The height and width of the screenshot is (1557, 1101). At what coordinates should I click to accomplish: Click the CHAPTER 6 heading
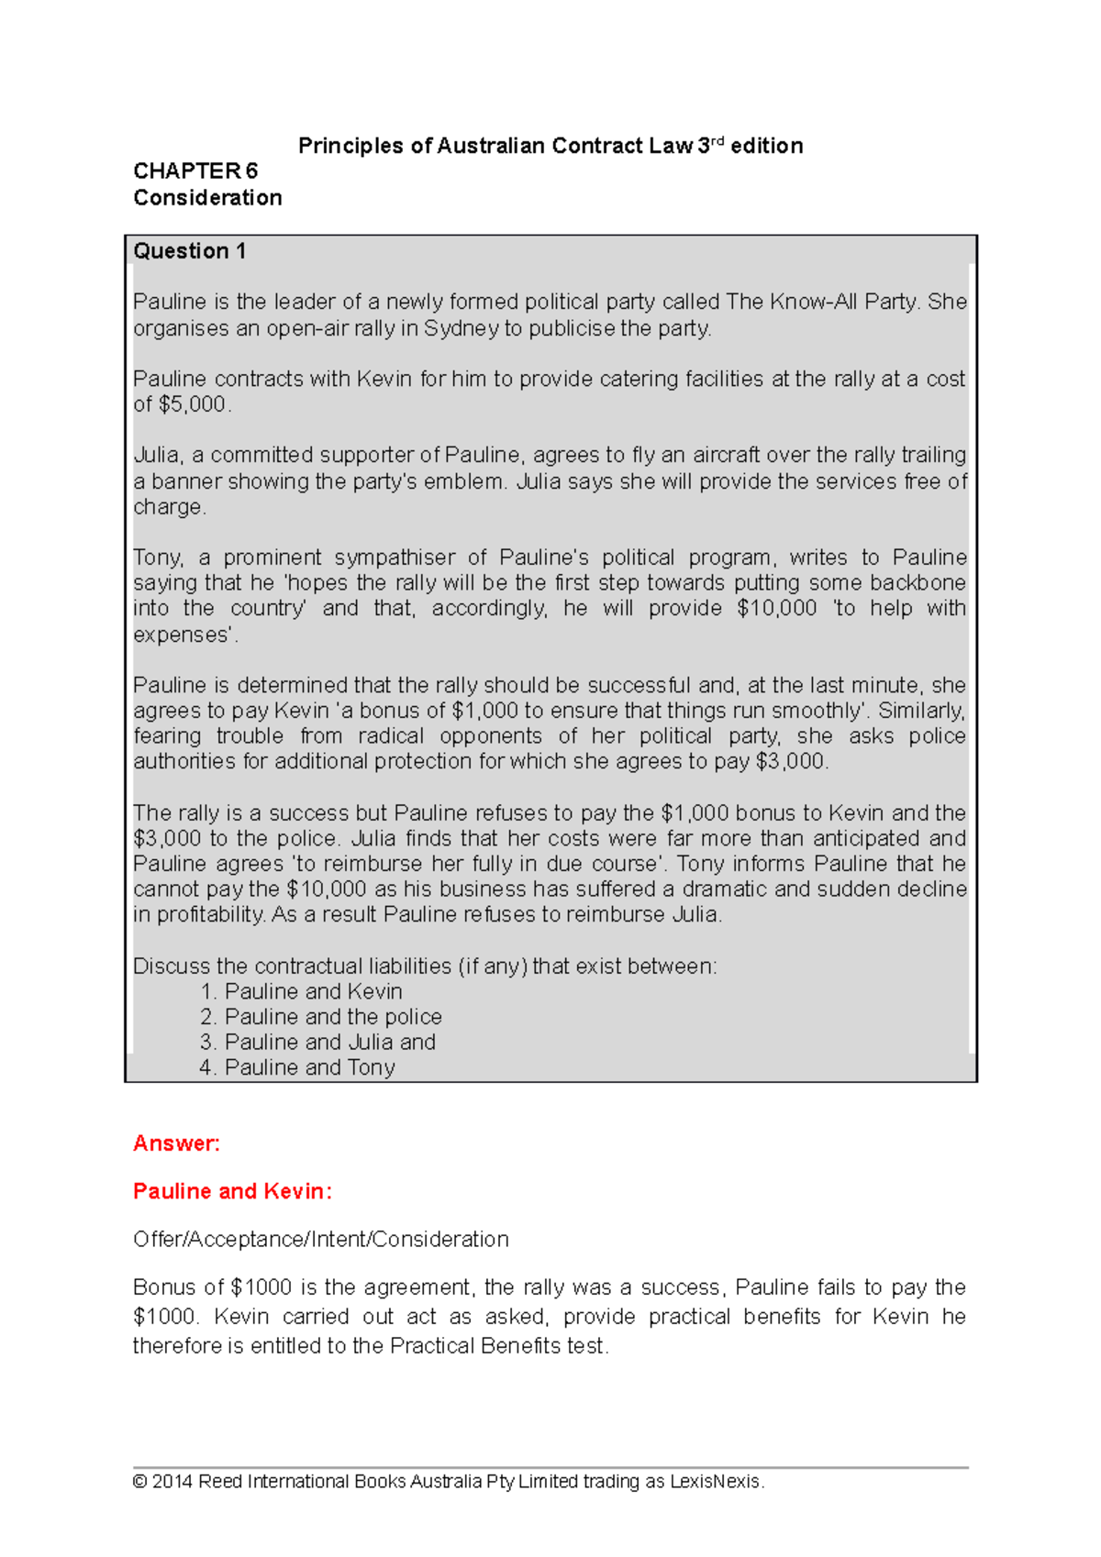[x=195, y=171]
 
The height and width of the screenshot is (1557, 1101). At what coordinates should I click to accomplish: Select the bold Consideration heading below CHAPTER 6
[x=207, y=198]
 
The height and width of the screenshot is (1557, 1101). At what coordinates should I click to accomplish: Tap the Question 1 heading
[x=190, y=251]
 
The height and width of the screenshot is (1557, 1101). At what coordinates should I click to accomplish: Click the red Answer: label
[x=176, y=1143]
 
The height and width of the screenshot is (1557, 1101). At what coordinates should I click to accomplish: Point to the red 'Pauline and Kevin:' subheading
[x=232, y=1191]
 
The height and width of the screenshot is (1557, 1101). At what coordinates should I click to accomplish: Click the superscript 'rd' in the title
[x=717, y=141]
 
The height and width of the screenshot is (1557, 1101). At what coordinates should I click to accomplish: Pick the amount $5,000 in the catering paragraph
[x=192, y=404]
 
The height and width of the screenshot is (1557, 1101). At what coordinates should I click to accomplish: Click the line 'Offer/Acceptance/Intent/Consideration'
[x=320, y=1240]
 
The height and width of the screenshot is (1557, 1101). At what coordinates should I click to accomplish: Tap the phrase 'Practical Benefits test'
[x=497, y=1346]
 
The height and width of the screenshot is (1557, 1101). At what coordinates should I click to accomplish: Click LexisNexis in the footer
[x=715, y=1482]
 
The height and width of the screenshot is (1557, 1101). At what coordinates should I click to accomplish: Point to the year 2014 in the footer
[x=172, y=1482]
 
